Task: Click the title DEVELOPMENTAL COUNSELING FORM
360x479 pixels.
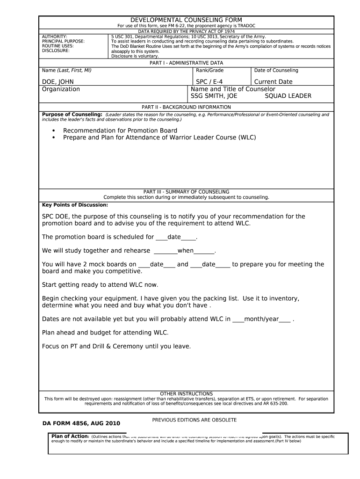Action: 186,20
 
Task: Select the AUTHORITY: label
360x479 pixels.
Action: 55,36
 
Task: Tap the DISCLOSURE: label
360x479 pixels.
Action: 56,51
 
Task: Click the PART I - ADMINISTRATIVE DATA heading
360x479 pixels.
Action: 186,63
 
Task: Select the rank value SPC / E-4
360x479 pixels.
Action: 209,82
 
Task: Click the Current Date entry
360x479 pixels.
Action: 273,82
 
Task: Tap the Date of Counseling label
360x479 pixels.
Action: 276,71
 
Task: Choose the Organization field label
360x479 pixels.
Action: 61,89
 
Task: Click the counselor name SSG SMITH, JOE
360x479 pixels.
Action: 214,96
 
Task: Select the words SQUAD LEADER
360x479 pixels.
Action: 288,96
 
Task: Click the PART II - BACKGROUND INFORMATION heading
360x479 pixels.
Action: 186,107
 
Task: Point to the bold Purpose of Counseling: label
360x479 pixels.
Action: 72,115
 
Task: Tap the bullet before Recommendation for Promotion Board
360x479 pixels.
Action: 54,131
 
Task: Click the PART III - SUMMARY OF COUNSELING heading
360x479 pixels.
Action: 186,192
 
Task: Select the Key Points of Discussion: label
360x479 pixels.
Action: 75,205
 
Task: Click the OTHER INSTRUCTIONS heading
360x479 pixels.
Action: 186,394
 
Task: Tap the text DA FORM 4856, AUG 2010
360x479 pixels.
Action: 81,423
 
